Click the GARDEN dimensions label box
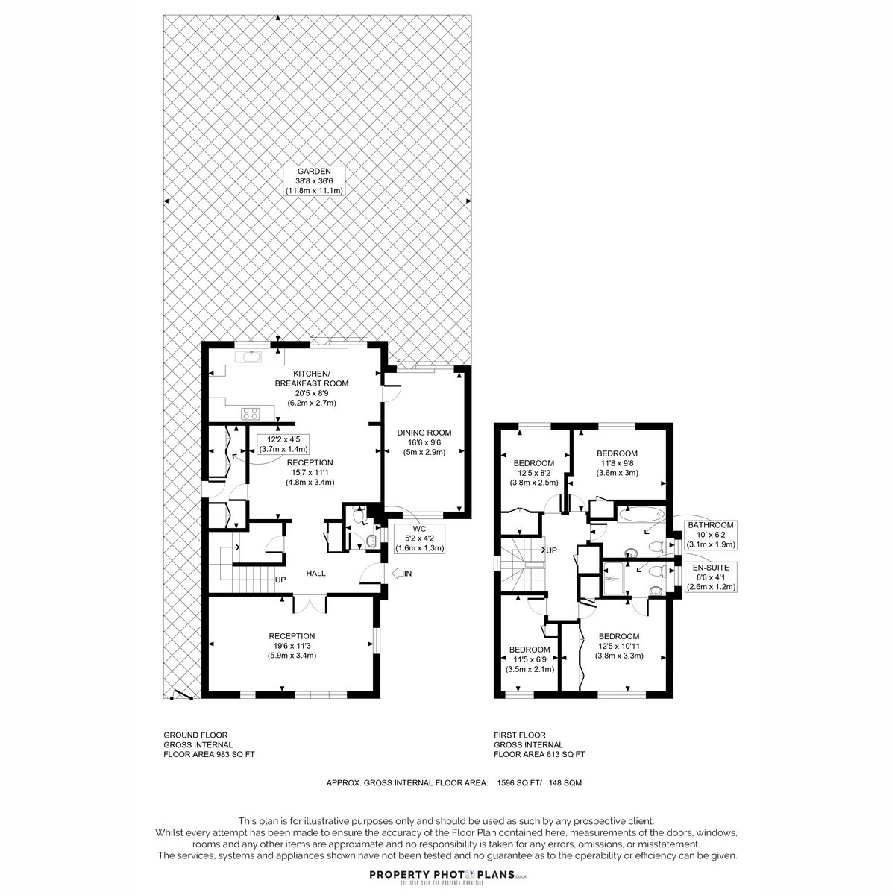pyautogui.click(x=314, y=180)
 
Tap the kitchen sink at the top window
pyautogui.click(x=248, y=357)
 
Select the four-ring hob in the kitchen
pyautogui.click(x=251, y=413)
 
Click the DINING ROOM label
pyautogui.click(x=424, y=442)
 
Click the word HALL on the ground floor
pyautogui.click(x=315, y=574)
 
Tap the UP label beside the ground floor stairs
pyautogui.click(x=280, y=580)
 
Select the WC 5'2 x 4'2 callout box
pyautogui.click(x=419, y=538)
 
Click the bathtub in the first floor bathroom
pyautogui.click(x=641, y=514)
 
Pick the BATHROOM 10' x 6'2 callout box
pyautogui.click(x=711, y=535)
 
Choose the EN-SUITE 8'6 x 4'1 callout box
pyautogui.click(x=711, y=577)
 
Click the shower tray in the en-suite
pyautogui.click(x=614, y=579)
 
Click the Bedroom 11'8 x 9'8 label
pyautogui.click(x=618, y=463)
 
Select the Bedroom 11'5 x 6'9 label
pyautogui.click(x=530, y=659)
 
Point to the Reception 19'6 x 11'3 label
pyautogui.click(x=292, y=646)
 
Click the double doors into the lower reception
pyautogui.click(x=310, y=603)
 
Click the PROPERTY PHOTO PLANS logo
pyautogui.click(x=448, y=876)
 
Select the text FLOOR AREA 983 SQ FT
pyautogui.click(x=209, y=754)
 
